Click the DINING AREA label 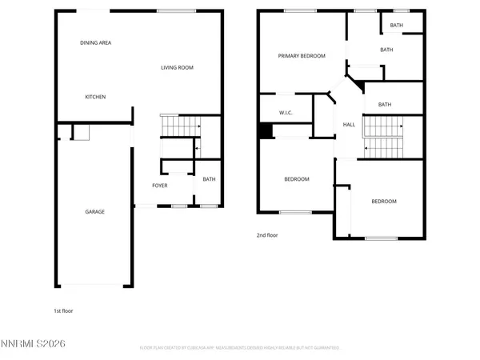coord(95,42)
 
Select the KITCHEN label coord(95,97)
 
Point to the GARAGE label coord(95,212)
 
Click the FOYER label coord(160,186)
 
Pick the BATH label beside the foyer coord(209,179)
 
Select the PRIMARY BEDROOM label coord(302,56)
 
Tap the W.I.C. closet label coord(285,113)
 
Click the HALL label coord(349,125)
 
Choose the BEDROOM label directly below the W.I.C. coord(296,179)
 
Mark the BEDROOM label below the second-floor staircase coord(383,202)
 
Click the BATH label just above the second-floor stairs coord(384,105)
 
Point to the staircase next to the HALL coord(382,136)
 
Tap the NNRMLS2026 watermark coord(34,343)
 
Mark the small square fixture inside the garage coord(80,133)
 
